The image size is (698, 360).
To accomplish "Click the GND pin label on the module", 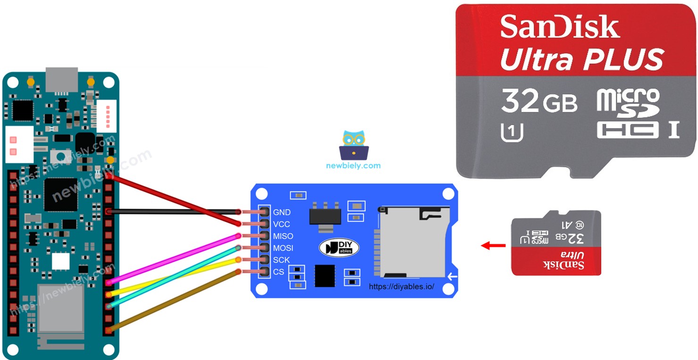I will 281,212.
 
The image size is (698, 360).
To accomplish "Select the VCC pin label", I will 281,224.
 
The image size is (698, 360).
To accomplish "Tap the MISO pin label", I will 283,236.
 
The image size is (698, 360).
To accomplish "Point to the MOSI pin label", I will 283,248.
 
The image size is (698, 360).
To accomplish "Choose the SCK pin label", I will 281,260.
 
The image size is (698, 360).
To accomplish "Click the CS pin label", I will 278,272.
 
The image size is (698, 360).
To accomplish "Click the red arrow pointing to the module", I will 493,245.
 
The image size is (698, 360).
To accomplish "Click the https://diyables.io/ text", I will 401,286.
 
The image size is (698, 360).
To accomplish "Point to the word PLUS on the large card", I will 623,60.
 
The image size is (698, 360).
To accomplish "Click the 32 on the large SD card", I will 520,100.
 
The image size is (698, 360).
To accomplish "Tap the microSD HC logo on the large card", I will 628,113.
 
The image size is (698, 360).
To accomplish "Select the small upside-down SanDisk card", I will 556,243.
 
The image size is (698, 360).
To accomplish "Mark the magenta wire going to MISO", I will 175,258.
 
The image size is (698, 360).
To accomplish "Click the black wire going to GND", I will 175,212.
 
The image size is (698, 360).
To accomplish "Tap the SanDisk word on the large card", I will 560,27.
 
